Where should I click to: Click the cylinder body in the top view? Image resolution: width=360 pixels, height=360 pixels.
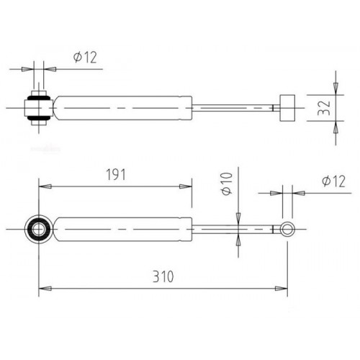pos(122,108)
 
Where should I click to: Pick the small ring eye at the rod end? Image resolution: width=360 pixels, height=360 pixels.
pos(288,230)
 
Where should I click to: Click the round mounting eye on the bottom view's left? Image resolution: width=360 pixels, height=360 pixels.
pos(39,230)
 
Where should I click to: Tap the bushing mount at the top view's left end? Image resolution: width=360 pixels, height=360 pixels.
pos(38,108)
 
